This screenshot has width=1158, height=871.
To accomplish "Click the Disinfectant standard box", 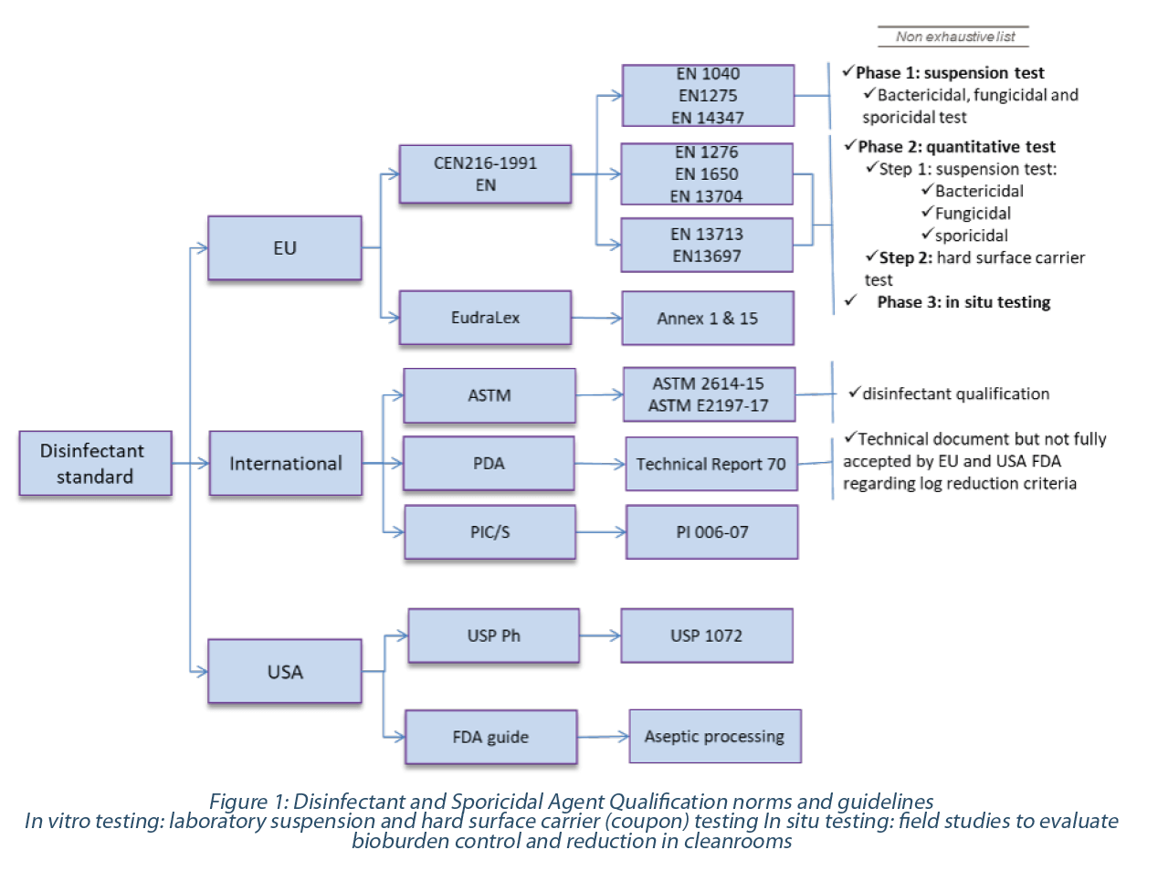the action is tap(96, 463).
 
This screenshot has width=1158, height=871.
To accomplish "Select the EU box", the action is tap(285, 247).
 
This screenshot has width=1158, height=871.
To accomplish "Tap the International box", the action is tap(286, 463).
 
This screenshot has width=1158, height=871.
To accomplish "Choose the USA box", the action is tap(285, 671).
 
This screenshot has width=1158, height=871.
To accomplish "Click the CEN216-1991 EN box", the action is tap(485, 174).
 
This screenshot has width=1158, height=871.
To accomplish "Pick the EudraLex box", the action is tap(485, 318).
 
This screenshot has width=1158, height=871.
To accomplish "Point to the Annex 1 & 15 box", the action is tap(708, 318).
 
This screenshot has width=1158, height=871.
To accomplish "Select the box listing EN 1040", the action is tap(708, 96).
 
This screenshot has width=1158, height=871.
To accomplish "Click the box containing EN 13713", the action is tap(707, 246).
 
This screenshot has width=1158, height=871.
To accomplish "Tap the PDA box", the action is tap(489, 464).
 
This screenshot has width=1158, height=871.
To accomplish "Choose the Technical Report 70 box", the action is tap(711, 464).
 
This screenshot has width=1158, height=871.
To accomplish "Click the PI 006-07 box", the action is tap(711, 532).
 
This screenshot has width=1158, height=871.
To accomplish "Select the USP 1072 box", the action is tap(707, 635).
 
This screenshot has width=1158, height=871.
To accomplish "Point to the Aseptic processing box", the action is tap(715, 736).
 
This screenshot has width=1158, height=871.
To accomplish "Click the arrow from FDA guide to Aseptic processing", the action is tap(603, 737).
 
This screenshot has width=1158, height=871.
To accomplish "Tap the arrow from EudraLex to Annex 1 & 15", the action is tap(596, 318).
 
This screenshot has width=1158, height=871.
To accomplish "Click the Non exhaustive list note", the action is tap(954, 37).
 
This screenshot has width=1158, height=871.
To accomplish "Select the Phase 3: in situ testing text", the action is tap(963, 302).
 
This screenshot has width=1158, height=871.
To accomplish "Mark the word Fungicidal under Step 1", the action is tap(973, 213).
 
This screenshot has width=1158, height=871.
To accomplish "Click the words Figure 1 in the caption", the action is tap(247, 802).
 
